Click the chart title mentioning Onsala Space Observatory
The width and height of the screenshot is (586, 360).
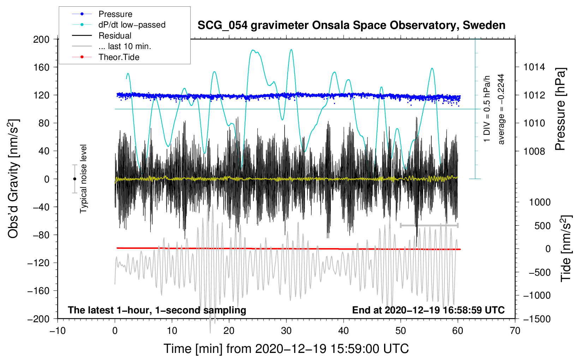coord(351,25)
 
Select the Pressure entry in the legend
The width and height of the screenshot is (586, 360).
coord(115,14)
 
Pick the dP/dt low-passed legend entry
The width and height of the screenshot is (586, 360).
coord(132,25)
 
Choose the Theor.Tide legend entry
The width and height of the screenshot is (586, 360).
coord(119,57)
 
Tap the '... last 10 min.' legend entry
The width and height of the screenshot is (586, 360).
coord(125,46)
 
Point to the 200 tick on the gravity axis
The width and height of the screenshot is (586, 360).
coord(41,39)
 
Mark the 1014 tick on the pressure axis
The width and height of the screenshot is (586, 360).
coord(534,67)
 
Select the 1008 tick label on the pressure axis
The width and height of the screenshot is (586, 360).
coord(534,151)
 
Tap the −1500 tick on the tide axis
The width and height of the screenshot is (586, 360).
coord(537,319)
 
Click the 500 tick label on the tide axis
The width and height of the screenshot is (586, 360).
coord(542,226)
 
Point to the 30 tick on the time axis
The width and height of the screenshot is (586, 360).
coord(286,331)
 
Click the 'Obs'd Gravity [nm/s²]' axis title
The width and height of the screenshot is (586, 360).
coord(13,179)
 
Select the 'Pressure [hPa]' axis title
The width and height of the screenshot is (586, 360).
coord(560,109)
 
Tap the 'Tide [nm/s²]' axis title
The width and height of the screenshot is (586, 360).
coord(566,248)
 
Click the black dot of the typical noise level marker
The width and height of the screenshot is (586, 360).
coord(74,179)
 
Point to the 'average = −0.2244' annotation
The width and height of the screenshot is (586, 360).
coord(501,109)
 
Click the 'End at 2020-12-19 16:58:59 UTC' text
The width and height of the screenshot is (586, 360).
coord(428,310)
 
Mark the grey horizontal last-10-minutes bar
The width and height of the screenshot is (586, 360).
coord(429,225)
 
